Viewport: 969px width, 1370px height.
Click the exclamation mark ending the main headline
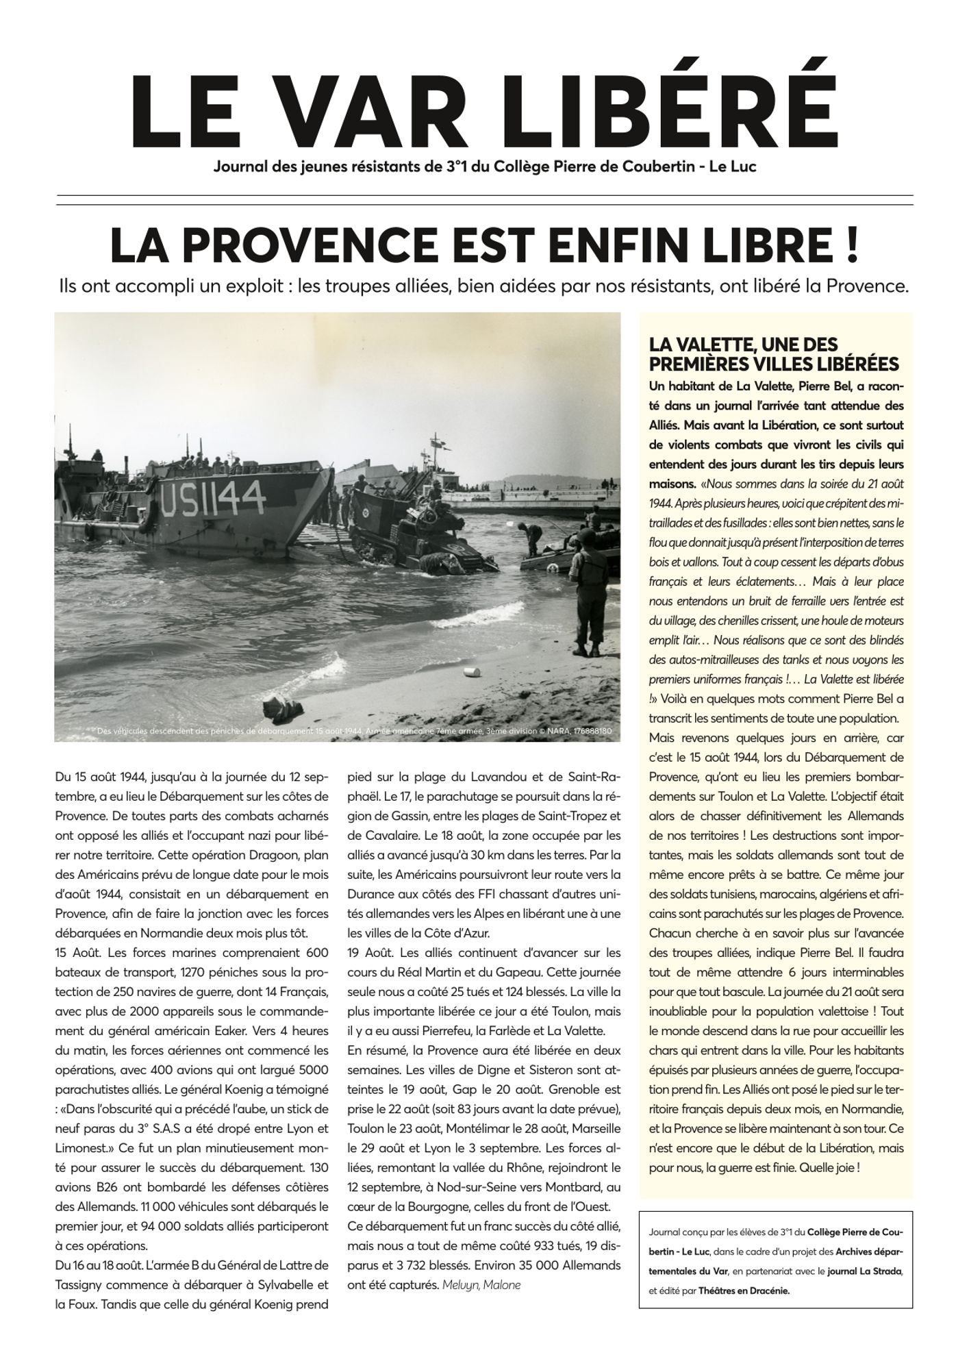point(851,246)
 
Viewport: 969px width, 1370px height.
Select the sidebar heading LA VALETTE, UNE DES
point(743,345)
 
